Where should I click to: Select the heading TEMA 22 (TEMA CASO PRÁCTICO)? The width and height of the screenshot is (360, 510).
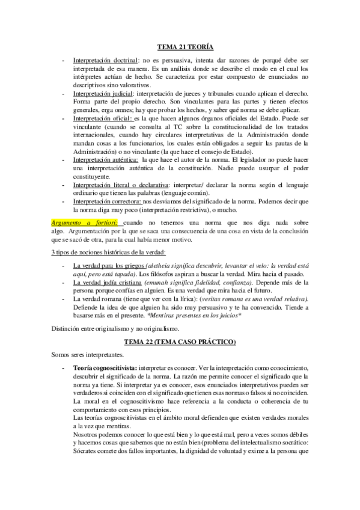(180, 343)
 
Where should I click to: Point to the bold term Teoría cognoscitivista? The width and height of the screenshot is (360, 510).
(105, 367)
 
